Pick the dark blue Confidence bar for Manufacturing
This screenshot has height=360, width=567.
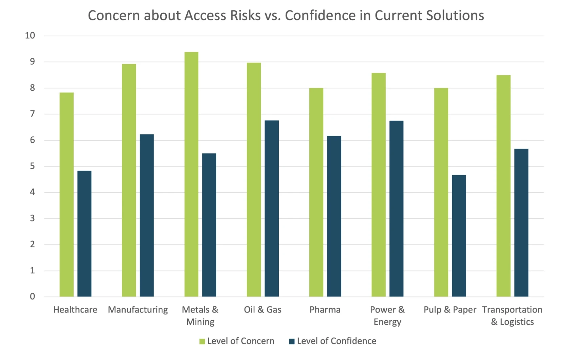pyautogui.click(x=147, y=215)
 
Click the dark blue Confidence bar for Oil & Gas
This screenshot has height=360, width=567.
pyautogui.click(x=272, y=209)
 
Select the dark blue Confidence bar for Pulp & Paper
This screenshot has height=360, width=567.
pyautogui.click(x=459, y=236)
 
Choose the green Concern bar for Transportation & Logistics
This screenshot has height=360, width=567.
pyautogui.click(x=503, y=186)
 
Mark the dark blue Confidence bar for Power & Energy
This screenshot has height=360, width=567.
pyautogui.click(x=396, y=209)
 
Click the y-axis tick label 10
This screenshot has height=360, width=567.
pyautogui.click(x=30, y=36)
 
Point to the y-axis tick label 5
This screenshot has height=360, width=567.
pyautogui.click(x=32, y=166)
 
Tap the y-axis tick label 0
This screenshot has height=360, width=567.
pyautogui.click(x=32, y=296)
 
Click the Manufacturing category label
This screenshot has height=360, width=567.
pyautogui.click(x=138, y=310)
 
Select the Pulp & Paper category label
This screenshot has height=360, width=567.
pyautogui.click(x=450, y=310)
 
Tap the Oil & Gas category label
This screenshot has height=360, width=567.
pyautogui.click(x=262, y=310)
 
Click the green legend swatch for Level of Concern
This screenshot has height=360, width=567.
pyautogui.click(x=202, y=341)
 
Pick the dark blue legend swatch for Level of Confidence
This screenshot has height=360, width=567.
pyautogui.click(x=292, y=341)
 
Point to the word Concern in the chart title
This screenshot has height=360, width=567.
pyautogui.click(x=114, y=16)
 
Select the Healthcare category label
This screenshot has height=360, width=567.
pyautogui.click(x=75, y=310)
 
